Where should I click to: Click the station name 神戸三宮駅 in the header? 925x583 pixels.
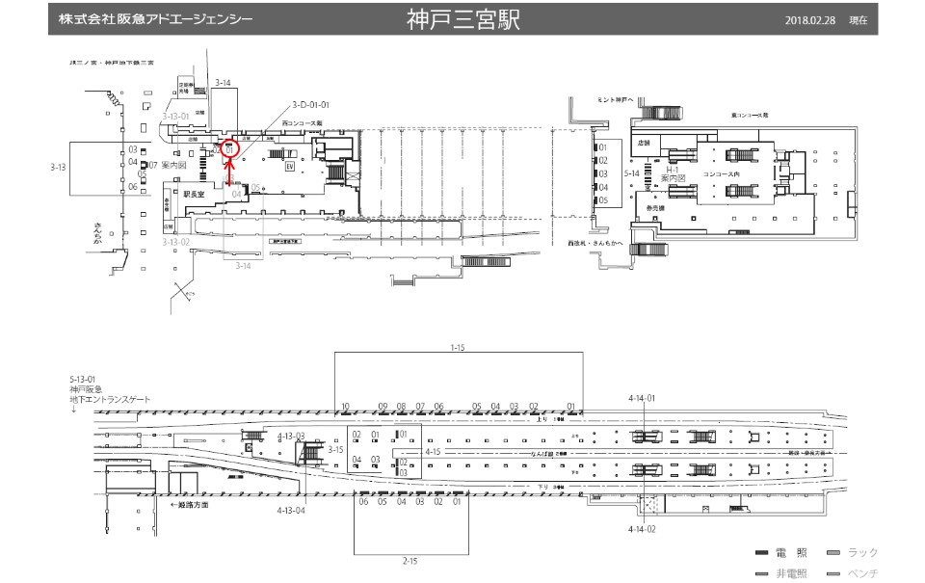click(462, 20)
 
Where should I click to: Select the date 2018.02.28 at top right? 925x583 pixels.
click(811, 21)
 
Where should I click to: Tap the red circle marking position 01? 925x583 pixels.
click(229, 149)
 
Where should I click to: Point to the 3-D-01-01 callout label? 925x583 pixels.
click(311, 104)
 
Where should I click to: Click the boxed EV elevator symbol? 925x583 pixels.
click(288, 166)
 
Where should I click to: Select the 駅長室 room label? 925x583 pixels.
click(197, 193)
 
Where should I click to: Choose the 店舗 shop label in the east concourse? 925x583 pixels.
click(645, 143)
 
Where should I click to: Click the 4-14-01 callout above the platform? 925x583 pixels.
click(642, 398)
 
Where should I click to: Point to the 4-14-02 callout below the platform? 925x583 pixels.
click(642, 530)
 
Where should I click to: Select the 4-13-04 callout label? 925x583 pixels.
click(291, 509)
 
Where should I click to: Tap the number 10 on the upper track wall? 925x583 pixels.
click(345, 407)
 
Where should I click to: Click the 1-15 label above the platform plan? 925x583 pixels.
click(458, 346)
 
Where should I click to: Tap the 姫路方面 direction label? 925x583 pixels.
click(190, 504)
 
